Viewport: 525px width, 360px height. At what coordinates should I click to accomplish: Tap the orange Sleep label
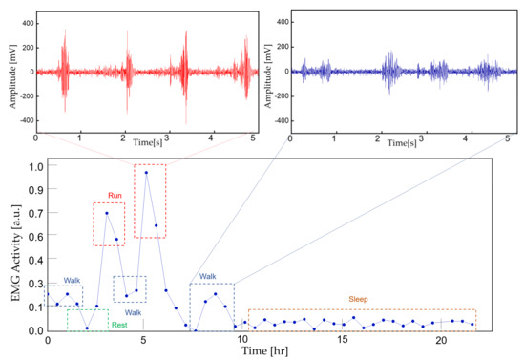(357, 299)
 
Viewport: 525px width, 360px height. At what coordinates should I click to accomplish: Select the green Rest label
(119, 325)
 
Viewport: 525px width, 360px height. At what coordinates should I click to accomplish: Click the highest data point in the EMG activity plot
(146, 173)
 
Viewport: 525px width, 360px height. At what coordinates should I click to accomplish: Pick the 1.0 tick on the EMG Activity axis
(35, 165)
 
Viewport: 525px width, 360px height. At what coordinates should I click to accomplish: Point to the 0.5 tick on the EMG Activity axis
(35, 248)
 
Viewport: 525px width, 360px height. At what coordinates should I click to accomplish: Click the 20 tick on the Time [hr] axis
(441, 340)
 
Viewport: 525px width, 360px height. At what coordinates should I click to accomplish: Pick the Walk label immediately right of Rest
(133, 312)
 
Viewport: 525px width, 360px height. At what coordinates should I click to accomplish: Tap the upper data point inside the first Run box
(107, 213)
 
